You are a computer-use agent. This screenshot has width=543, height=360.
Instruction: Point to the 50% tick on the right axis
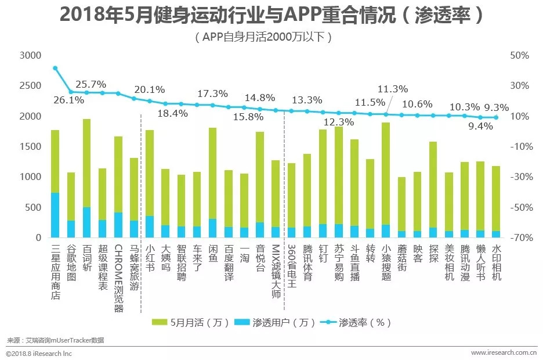pyautogui.click(x=520, y=56)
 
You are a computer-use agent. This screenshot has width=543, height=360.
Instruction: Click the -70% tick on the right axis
pyautogui.click(x=519, y=238)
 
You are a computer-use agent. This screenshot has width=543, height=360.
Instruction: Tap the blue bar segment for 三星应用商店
pyautogui.click(x=55, y=215)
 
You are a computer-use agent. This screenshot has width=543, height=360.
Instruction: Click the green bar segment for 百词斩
pyautogui.click(x=86, y=163)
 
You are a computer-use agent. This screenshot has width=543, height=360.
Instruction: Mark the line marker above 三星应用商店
pyautogui.click(x=55, y=68)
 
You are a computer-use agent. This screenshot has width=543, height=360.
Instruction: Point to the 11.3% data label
pyautogui.click(x=393, y=89)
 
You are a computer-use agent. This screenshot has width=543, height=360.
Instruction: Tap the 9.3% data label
pyautogui.click(x=496, y=107)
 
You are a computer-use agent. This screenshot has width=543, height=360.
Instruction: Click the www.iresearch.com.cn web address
pyautogui.click(x=503, y=352)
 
